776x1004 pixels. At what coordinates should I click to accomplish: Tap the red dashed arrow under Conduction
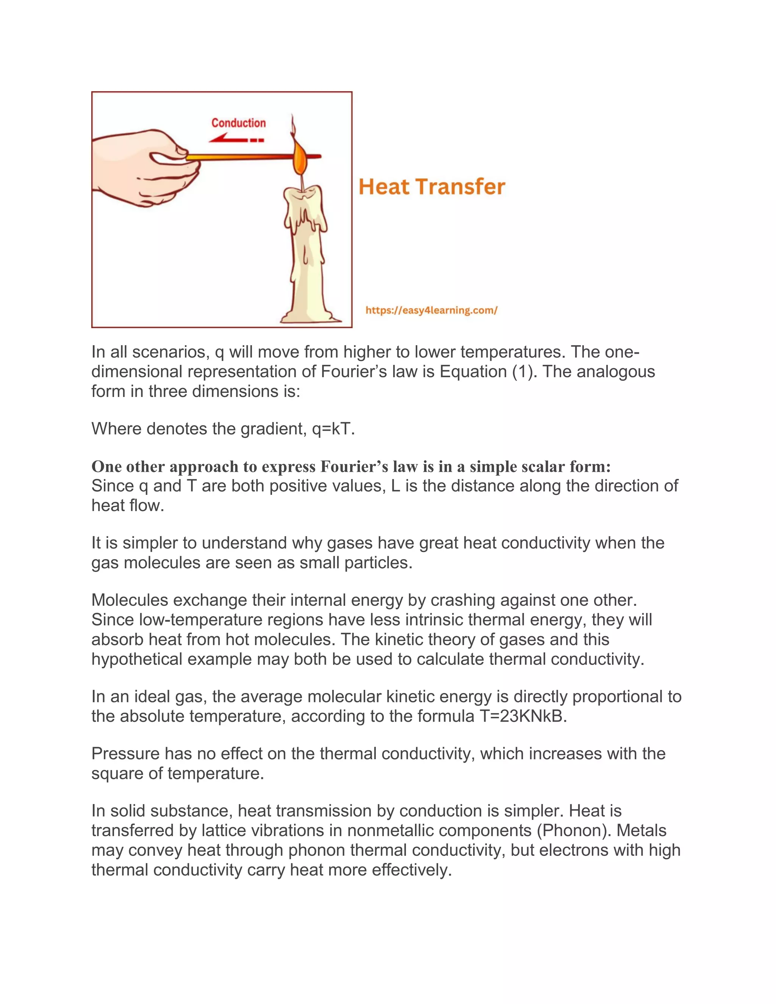pyautogui.click(x=236, y=139)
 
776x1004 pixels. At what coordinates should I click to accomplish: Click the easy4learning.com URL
pyautogui.click(x=431, y=310)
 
